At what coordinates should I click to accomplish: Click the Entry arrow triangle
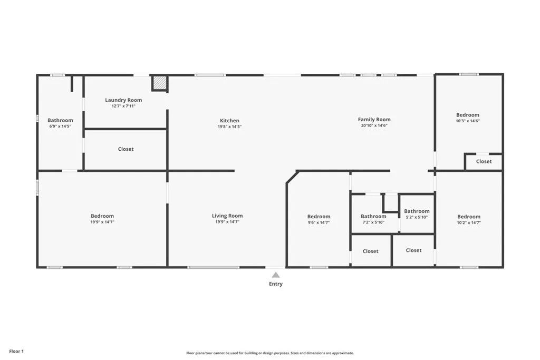pyautogui.click(x=276, y=275)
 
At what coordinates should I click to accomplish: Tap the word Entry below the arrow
pyautogui.click(x=276, y=284)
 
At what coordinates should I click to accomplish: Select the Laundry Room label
pyautogui.click(x=123, y=100)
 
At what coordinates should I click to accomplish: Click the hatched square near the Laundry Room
pyautogui.click(x=160, y=83)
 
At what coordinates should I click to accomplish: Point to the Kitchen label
pyautogui.click(x=229, y=121)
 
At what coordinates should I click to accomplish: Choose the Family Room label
pyautogui.click(x=374, y=120)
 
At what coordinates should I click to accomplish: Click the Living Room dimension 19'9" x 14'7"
pyautogui.click(x=227, y=222)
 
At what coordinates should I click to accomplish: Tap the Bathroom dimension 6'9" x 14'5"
pyautogui.click(x=60, y=127)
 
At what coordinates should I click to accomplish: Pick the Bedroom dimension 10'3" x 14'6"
pyautogui.click(x=468, y=121)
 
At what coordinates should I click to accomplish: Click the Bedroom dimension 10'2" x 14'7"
pyautogui.click(x=469, y=222)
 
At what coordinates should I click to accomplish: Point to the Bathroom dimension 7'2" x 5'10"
pyautogui.click(x=373, y=222)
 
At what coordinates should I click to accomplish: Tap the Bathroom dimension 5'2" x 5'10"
pyautogui.click(x=417, y=217)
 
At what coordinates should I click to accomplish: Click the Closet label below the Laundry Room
pyautogui.click(x=126, y=149)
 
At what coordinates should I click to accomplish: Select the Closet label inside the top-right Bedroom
pyautogui.click(x=484, y=162)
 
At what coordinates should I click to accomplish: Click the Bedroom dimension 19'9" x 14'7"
pyautogui.click(x=102, y=222)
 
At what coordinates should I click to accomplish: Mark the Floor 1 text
pyautogui.click(x=16, y=351)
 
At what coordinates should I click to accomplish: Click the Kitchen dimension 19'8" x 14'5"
pyautogui.click(x=229, y=127)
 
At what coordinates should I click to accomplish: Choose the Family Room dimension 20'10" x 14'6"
pyautogui.click(x=374, y=125)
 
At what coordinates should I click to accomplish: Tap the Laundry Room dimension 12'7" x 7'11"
pyautogui.click(x=123, y=106)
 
